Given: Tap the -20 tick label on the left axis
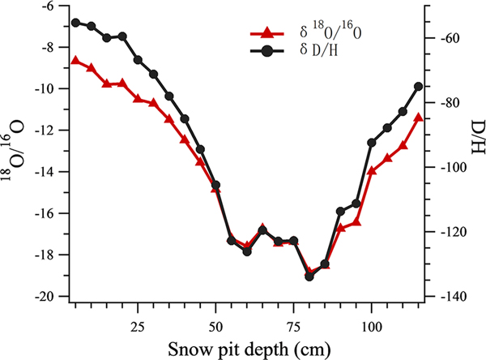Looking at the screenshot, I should tap(45, 297).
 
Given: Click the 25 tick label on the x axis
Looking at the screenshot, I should tap(138, 320).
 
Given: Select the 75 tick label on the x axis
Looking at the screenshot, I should tap(294, 320).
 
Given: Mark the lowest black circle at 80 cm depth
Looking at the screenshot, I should tap(309, 276).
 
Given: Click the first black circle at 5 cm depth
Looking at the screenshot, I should tap(75, 23).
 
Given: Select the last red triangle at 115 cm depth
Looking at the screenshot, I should tap(418, 118).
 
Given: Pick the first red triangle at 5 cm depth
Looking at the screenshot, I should tap(75, 61).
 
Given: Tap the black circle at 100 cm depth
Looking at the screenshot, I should tap(372, 143).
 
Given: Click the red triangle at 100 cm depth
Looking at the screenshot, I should tap(372, 171).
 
